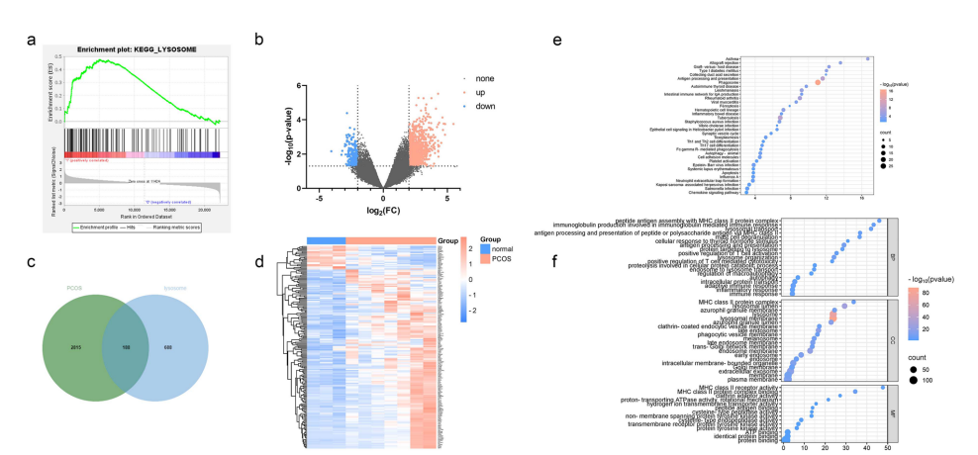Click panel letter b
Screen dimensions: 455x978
(x=258, y=41)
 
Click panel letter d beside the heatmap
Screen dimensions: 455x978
(x=258, y=263)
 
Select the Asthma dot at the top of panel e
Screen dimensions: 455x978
(x=868, y=58)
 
